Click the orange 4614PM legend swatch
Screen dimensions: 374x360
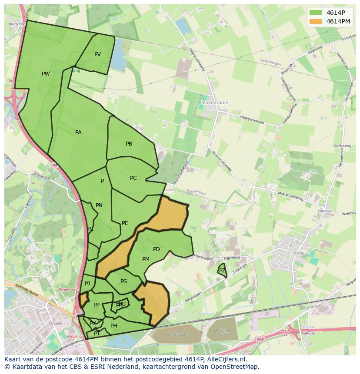tap(316, 21)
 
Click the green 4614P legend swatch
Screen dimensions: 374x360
tap(316, 12)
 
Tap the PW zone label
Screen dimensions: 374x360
tap(46, 74)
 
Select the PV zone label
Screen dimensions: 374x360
tap(97, 54)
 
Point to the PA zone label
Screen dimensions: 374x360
tap(78, 132)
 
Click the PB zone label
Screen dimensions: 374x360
tap(129, 144)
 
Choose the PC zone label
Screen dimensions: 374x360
tap(133, 178)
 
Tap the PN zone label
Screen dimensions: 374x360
tap(99, 205)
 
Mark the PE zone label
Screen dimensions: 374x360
tap(125, 223)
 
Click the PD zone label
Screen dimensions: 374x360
tap(157, 249)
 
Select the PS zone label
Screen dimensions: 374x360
tap(123, 281)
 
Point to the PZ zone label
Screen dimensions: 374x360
tap(222, 271)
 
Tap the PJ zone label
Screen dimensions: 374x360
tap(87, 284)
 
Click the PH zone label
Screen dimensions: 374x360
tap(114, 326)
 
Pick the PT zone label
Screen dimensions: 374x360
tap(97, 334)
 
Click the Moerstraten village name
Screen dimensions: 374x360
tap(215, 103)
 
